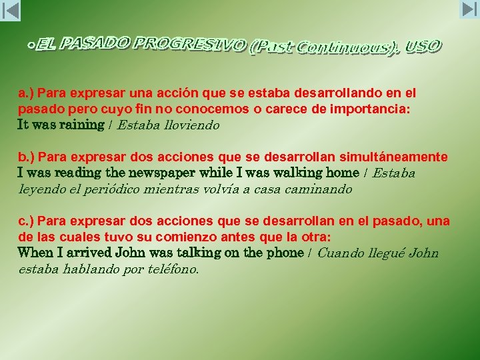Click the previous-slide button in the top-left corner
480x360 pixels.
coord(11,10)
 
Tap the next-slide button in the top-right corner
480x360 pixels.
coord(469,10)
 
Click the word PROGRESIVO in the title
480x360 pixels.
coord(190,45)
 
